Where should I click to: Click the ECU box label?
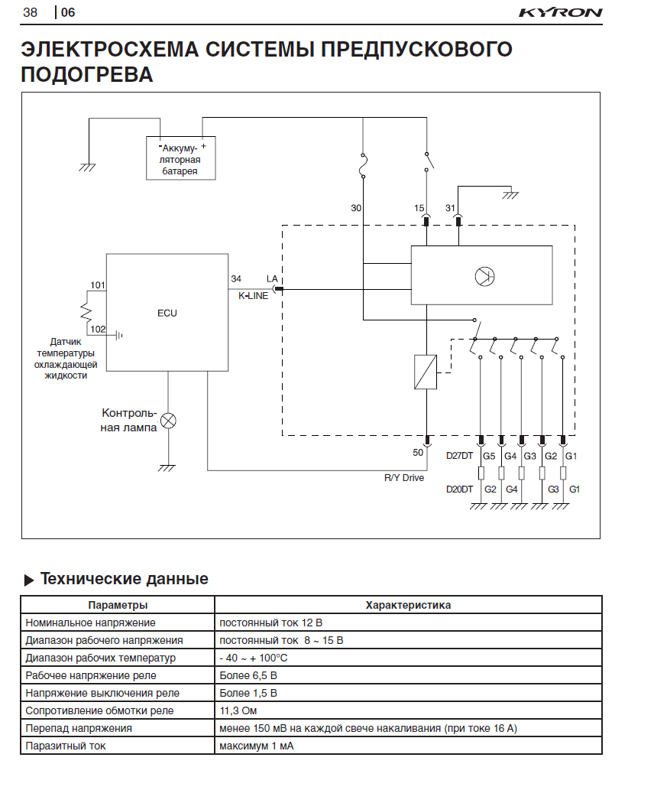(x=167, y=313)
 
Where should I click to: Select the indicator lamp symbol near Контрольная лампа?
(x=168, y=420)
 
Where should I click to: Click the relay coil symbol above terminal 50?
(x=426, y=372)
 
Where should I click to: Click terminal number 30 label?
(x=356, y=208)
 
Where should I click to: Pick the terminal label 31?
(x=450, y=208)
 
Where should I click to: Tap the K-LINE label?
(x=254, y=296)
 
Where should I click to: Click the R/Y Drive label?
(x=404, y=478)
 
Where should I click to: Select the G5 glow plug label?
(x=489, y=457)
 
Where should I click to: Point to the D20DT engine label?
(x=460, y=489)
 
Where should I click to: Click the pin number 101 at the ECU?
(x=98, y=285)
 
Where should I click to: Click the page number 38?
(x=31, y=12)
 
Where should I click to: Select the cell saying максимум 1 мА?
(x=257, y=746)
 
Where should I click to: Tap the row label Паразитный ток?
(x=66, y=746)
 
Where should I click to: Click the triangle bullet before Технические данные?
(x=29, y=580)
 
